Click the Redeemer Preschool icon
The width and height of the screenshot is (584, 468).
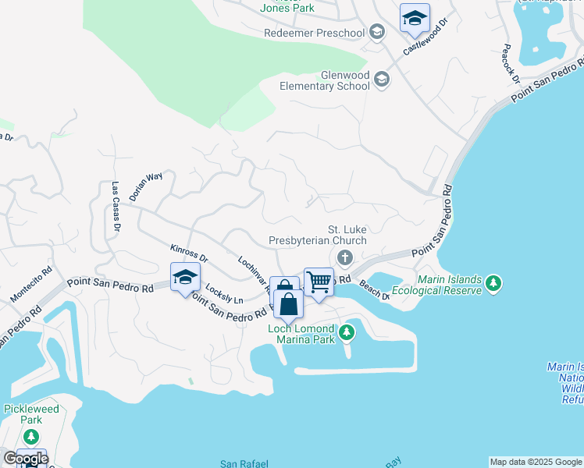tap(377, 32)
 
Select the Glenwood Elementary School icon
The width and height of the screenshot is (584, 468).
tap(382, 79)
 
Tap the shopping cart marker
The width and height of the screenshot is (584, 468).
tap(319, 282)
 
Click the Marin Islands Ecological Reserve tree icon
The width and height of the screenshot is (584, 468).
tap(493, 284)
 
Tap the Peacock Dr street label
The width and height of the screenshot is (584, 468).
tap(511, 63)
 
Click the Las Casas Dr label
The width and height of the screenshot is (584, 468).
tap(115, 207)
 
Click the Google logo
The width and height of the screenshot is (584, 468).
tap(25, 459)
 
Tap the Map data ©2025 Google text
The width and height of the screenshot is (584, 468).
tap(536, 462)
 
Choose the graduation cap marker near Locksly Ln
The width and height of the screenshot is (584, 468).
tap(186, 277)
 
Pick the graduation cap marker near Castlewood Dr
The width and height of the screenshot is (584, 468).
tap(415, 18)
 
